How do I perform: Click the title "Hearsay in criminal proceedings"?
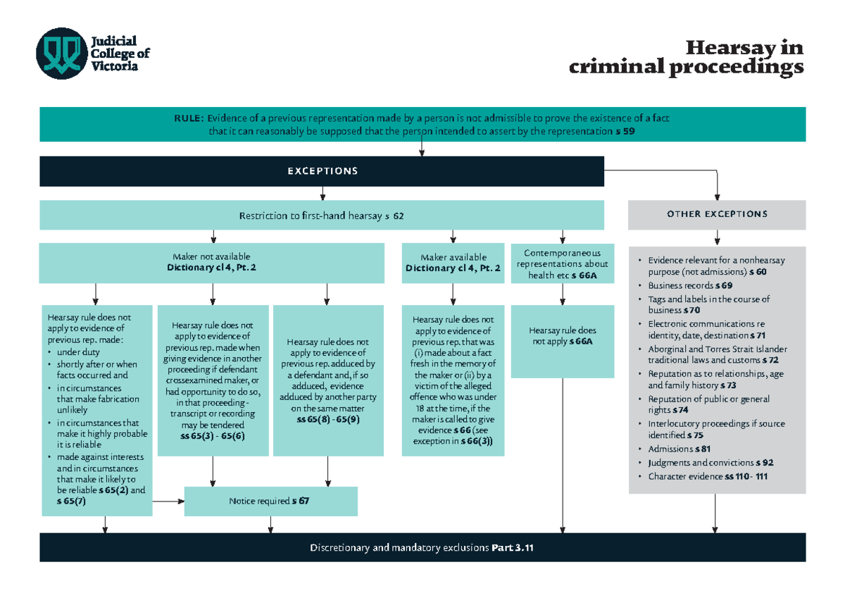coord(686,58)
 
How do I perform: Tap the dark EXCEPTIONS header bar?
coord(322,171)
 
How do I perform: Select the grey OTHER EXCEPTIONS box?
coord(716,214)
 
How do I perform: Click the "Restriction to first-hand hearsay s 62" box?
coord(322,216)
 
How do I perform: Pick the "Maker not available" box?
coord(211,262)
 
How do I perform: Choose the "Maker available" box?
coord(453,262)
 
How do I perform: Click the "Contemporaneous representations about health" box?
coord(562,263)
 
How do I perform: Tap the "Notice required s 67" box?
coord(270,502)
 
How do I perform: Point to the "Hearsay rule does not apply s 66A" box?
coord(562,335)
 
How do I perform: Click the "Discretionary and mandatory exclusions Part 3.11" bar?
coord(422,547)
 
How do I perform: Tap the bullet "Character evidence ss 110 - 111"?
coord(708,476)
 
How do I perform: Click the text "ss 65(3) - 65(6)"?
coord(213,437)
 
